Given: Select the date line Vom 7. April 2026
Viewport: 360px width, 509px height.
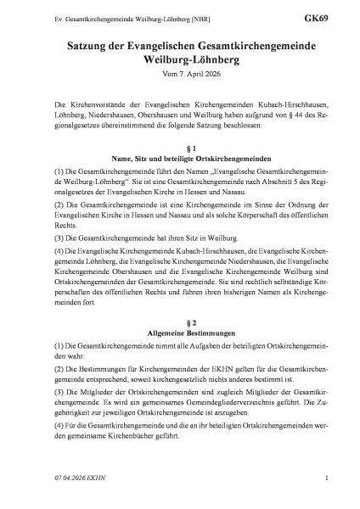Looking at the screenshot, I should coord(179,76).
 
